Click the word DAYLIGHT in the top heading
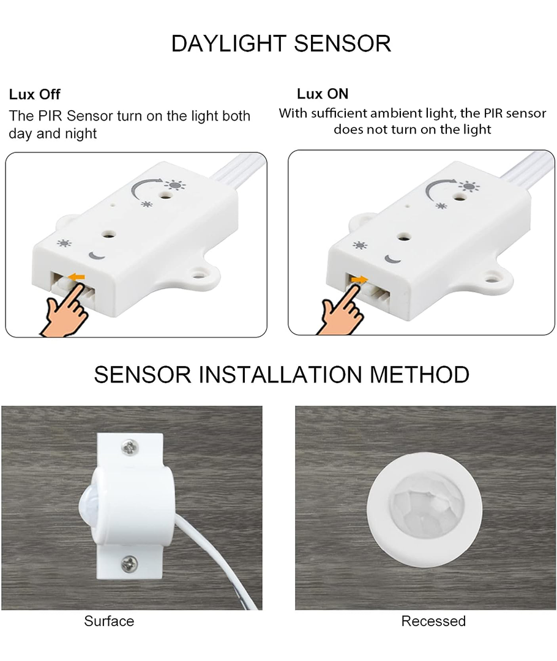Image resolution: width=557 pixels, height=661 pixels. pyautogui.click(x=228, y=43)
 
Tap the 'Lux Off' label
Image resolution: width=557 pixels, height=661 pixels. pyautogui.click(x=34, y=94)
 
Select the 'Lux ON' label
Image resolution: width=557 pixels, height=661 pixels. pyautogui.click(x=323, y=94)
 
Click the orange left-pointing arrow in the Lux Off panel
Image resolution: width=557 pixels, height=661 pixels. pyautogui.click(x=77, y=277)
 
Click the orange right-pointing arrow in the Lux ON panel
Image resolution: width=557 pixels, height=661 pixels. pyautogui.click(x=359, y=279)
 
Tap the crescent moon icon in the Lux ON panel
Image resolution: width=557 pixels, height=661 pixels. pyautogui.click(x=392, y=259)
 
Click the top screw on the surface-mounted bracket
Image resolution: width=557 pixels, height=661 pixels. pyautogui.click(x=129, y=447)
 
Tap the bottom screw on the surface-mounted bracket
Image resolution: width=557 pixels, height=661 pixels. pyautogui.click(x=129, y=563)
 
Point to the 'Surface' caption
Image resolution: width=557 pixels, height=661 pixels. pyautogui.click(x=109, y=621)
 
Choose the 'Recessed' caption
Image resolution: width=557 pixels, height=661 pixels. pyautogui.click(x=433, y=621)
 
